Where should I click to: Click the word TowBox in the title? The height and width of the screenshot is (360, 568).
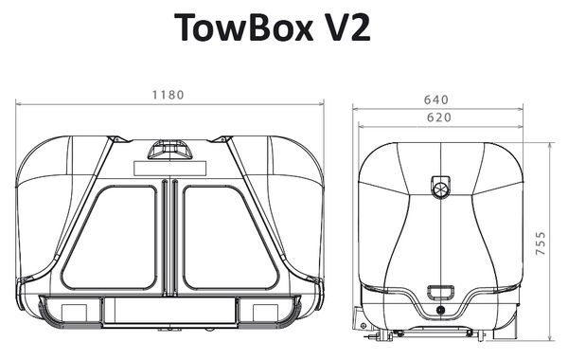click(x=244, y=27)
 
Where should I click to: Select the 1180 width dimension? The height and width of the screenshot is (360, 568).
click(x=169, y=95)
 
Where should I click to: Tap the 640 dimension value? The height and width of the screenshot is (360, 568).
click(x=436, y=99)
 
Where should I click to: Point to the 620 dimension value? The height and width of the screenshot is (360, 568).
click(x=439, y=117)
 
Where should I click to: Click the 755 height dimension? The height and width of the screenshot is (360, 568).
click(x=541, y=243)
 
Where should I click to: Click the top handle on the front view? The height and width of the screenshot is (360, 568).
click(x=169, y=150)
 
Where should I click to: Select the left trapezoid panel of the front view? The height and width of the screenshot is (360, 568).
click(x=110, y=238)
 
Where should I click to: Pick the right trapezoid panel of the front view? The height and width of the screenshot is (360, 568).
click(x=230, y=238)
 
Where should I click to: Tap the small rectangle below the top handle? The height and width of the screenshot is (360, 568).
click(x=169, y=169)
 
